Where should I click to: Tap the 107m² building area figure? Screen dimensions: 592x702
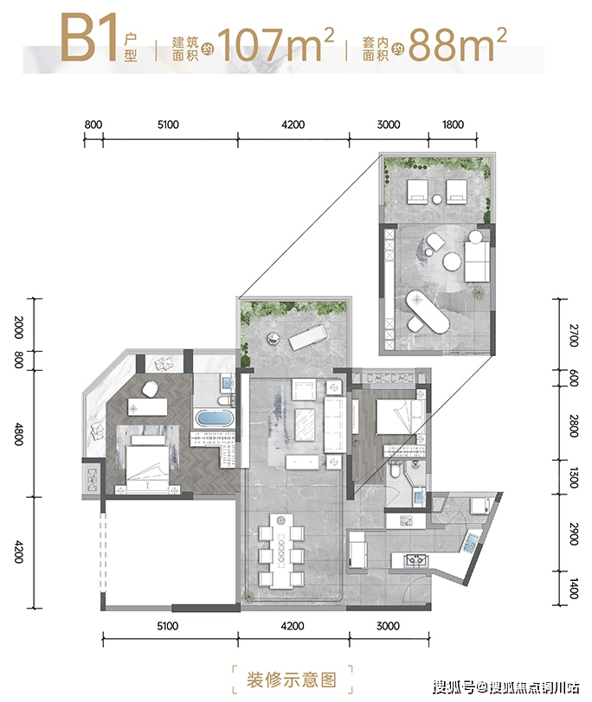pos(275,44)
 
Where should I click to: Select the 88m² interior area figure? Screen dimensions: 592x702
pos(457,44)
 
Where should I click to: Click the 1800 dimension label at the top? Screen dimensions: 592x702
pos(453,124)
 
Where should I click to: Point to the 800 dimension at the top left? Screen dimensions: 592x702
pos(93,124)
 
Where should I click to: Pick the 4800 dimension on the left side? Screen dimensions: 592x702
pos(18,433)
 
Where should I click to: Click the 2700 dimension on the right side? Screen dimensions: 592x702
pos(573,335)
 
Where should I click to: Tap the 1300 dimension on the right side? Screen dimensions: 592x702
pos(573,477)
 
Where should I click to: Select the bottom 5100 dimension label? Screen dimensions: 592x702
pos(168,626)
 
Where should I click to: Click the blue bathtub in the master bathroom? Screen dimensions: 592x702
pos(214,419)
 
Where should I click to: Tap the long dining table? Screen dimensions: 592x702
pos(281,550)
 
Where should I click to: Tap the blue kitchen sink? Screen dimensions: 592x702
pos(471,543)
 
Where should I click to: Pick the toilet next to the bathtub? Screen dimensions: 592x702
pos(224,400)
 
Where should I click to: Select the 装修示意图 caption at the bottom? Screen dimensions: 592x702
pos(292,680)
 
